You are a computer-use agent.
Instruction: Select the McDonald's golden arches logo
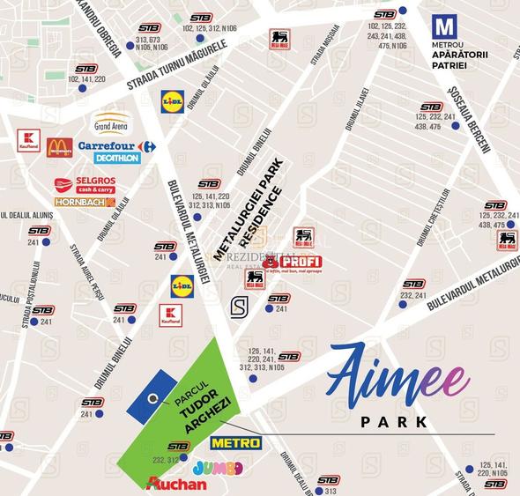click(x=59, y=147)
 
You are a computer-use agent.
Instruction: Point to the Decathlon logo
click(x=117, y=159)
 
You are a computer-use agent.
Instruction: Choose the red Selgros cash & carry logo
click(x=85, y=185)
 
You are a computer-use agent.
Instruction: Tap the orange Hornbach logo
click(x=85, y=202)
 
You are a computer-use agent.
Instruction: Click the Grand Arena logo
click(x=112, y=122)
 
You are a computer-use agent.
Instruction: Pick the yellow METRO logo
click(x=235, y=442)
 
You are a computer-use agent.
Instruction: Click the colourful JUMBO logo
click(x=217, y=467)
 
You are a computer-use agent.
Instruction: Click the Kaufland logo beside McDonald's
click(x=29, y=141)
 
